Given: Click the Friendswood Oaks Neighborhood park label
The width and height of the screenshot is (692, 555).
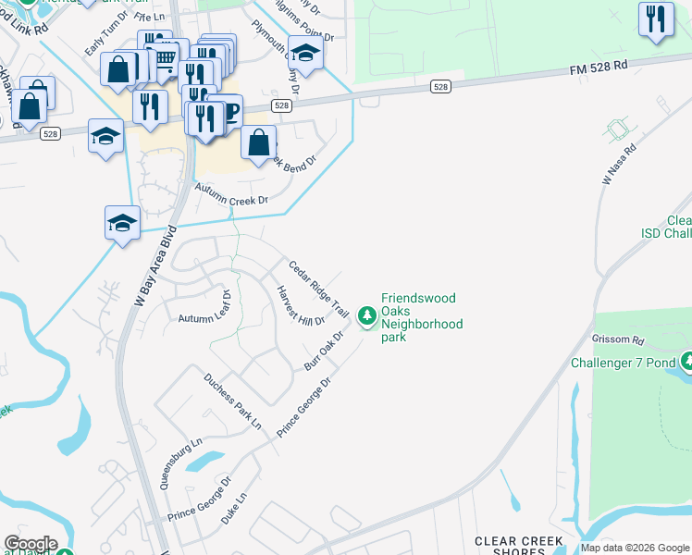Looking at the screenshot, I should point(422,318).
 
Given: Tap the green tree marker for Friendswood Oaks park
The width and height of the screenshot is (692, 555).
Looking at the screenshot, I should point(367,317).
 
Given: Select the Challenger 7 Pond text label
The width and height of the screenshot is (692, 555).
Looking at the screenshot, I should point(624,362).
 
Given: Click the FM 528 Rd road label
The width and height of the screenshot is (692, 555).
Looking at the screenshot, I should point(598,67).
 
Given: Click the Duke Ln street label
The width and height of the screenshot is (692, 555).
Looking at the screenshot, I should point(235,510).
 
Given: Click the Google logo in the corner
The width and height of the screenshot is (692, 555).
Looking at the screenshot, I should point(31,544).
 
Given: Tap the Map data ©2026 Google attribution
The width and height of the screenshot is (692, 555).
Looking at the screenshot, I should point(635,548).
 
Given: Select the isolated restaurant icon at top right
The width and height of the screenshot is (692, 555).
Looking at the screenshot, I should point(656,19).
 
